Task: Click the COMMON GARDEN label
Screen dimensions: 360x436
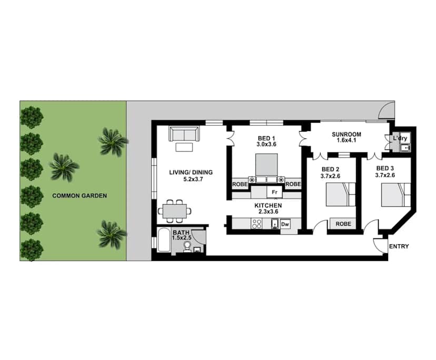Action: click(x=80, y=196)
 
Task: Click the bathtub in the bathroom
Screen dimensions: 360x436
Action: click(x=163, y=243)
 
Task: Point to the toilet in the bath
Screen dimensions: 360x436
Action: click(x=186, y=249)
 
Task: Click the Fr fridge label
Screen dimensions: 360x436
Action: click(x=274, y=192)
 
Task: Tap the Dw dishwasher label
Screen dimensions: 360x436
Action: click(x=285, y=224)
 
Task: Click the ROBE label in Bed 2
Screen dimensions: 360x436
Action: click(x=343, y=224)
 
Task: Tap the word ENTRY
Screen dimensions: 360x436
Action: click(x=399, y=246)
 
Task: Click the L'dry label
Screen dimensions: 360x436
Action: click(x=400, y=138)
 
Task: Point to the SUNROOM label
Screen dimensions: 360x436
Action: click(x=346, y=134)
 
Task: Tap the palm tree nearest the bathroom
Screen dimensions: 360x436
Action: click(x=112, y=234)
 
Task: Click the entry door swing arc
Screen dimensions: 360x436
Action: click(x=379, y=243)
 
